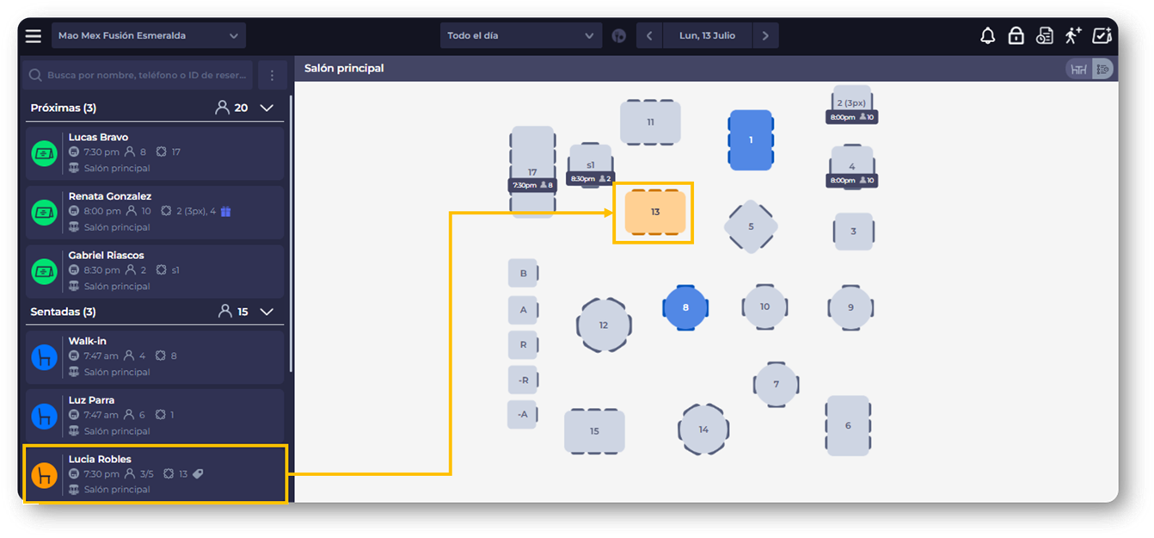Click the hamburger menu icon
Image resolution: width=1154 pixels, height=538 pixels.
(34, 35)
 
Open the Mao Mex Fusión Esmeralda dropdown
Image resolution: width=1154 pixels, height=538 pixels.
(149, 35)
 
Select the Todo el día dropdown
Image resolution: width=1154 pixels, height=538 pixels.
(521, 35)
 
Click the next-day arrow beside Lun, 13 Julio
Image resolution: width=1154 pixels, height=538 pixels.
(765, 35)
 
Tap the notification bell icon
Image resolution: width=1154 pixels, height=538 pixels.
(987, 35)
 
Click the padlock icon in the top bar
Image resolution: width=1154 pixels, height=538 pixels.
(1016, 35)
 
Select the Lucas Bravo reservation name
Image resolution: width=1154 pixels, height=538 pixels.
(98, 137)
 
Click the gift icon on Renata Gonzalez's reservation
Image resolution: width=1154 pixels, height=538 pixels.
(225, 211)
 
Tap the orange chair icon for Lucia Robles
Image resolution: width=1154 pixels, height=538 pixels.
(45, 475)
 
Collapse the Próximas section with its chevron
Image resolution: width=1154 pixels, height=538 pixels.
(267, 108)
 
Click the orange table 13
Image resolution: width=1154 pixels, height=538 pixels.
(654, 212)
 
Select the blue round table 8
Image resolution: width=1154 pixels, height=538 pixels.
(685, 307)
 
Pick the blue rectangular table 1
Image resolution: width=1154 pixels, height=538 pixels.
(751, 139)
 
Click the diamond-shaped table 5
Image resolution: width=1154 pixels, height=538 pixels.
(751, 226)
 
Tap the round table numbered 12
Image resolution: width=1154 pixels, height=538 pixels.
(604, 325)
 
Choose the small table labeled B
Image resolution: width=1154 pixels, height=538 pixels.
(523, 273)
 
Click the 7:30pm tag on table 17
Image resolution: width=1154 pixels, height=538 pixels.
(532, 185)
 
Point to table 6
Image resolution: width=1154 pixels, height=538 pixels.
(848, 425)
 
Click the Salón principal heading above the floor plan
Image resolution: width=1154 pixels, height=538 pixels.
(344, 68)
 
